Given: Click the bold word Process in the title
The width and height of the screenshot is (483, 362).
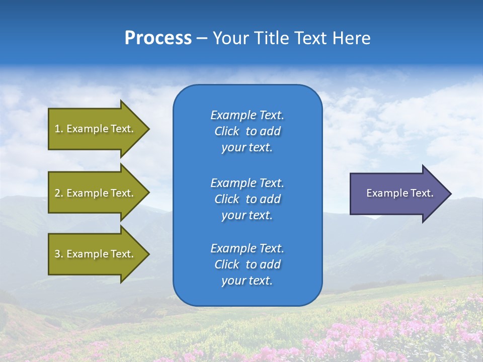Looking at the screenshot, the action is tap(158, 38).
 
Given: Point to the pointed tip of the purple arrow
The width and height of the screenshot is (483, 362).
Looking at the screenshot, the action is tap(450, 194).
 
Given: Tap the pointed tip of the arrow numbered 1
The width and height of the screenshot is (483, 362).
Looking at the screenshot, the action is tap(148, 129).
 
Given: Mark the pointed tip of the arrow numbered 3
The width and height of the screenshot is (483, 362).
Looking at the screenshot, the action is tap(148, 254).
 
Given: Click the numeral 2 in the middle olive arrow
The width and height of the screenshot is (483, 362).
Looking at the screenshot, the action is tap(57, 193).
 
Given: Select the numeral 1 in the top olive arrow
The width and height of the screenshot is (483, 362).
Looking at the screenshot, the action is tap(57, 129).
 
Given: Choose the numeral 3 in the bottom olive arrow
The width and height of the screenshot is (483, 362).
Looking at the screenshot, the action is tap(57, 254).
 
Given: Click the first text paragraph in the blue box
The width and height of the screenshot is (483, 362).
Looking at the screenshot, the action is tap(247, 131).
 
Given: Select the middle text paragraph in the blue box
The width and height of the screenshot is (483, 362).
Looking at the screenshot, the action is tap(247, 199).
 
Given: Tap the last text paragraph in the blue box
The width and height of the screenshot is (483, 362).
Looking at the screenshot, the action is tap(247, 264).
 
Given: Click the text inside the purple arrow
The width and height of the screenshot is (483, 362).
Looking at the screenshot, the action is tap(400, 193).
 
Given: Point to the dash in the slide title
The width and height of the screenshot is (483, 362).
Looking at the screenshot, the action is tap(202, 39).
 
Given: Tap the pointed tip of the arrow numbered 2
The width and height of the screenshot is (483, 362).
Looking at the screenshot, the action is tap(148, 193).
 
